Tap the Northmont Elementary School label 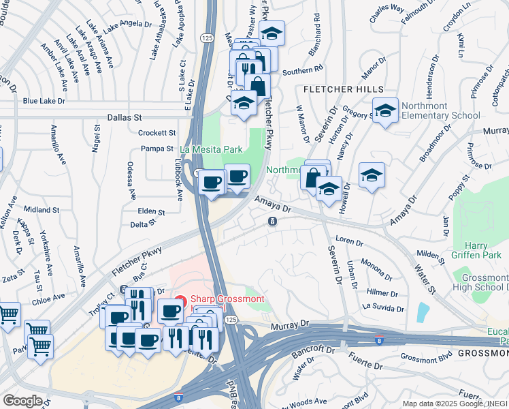point(440,110)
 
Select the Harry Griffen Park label point(468,250)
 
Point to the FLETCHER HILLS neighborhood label point(343,89)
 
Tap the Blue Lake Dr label point(44,101)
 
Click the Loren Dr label point(350,241)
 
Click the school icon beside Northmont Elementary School point(385,110)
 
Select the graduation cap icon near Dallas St point(243,102)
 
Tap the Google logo point(22,401)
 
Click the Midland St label point(42,209)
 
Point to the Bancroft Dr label point(313,350)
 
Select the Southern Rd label point(302,70)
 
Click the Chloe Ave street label point(49,298)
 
